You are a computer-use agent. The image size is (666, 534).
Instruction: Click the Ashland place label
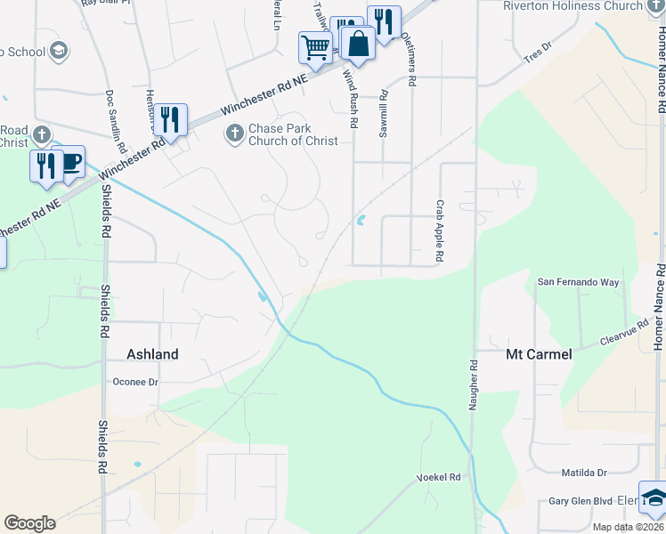point(152,354)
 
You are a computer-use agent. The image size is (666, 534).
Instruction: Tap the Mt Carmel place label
point(539,354)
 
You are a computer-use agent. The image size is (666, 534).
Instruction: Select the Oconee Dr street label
point(134,382)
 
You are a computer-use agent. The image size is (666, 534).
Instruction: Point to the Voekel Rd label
point(439,478)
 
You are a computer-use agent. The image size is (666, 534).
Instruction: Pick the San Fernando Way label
point(577,282)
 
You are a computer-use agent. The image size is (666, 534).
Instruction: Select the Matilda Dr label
point(584,473)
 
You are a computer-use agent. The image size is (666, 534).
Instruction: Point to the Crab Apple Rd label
point(439,231)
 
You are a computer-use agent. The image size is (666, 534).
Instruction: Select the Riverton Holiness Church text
point(573,6)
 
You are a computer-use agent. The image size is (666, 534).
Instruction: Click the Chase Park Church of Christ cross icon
point(234,133)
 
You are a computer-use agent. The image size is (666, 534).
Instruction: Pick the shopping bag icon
point(357,43)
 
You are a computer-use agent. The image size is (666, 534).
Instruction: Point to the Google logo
point(29,523)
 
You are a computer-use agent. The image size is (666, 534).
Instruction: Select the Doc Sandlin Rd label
point(113,116)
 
